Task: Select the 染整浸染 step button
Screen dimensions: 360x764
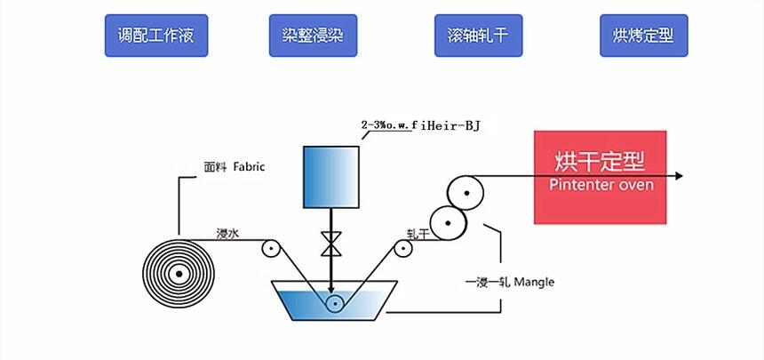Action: pos(313,36)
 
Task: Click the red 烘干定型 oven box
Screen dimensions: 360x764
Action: pos(600,177)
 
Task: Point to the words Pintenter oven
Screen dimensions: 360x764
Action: pos(601,185)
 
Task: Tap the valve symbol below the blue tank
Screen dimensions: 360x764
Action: pos(330,242)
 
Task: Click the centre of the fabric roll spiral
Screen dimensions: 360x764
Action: pos(179,274)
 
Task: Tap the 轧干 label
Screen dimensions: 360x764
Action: pos(418,234)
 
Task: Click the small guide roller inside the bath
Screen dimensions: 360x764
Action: pos(334,304)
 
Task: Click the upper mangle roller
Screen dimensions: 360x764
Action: pos(466,192)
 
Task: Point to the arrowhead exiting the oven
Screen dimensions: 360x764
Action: pos(680,176)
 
